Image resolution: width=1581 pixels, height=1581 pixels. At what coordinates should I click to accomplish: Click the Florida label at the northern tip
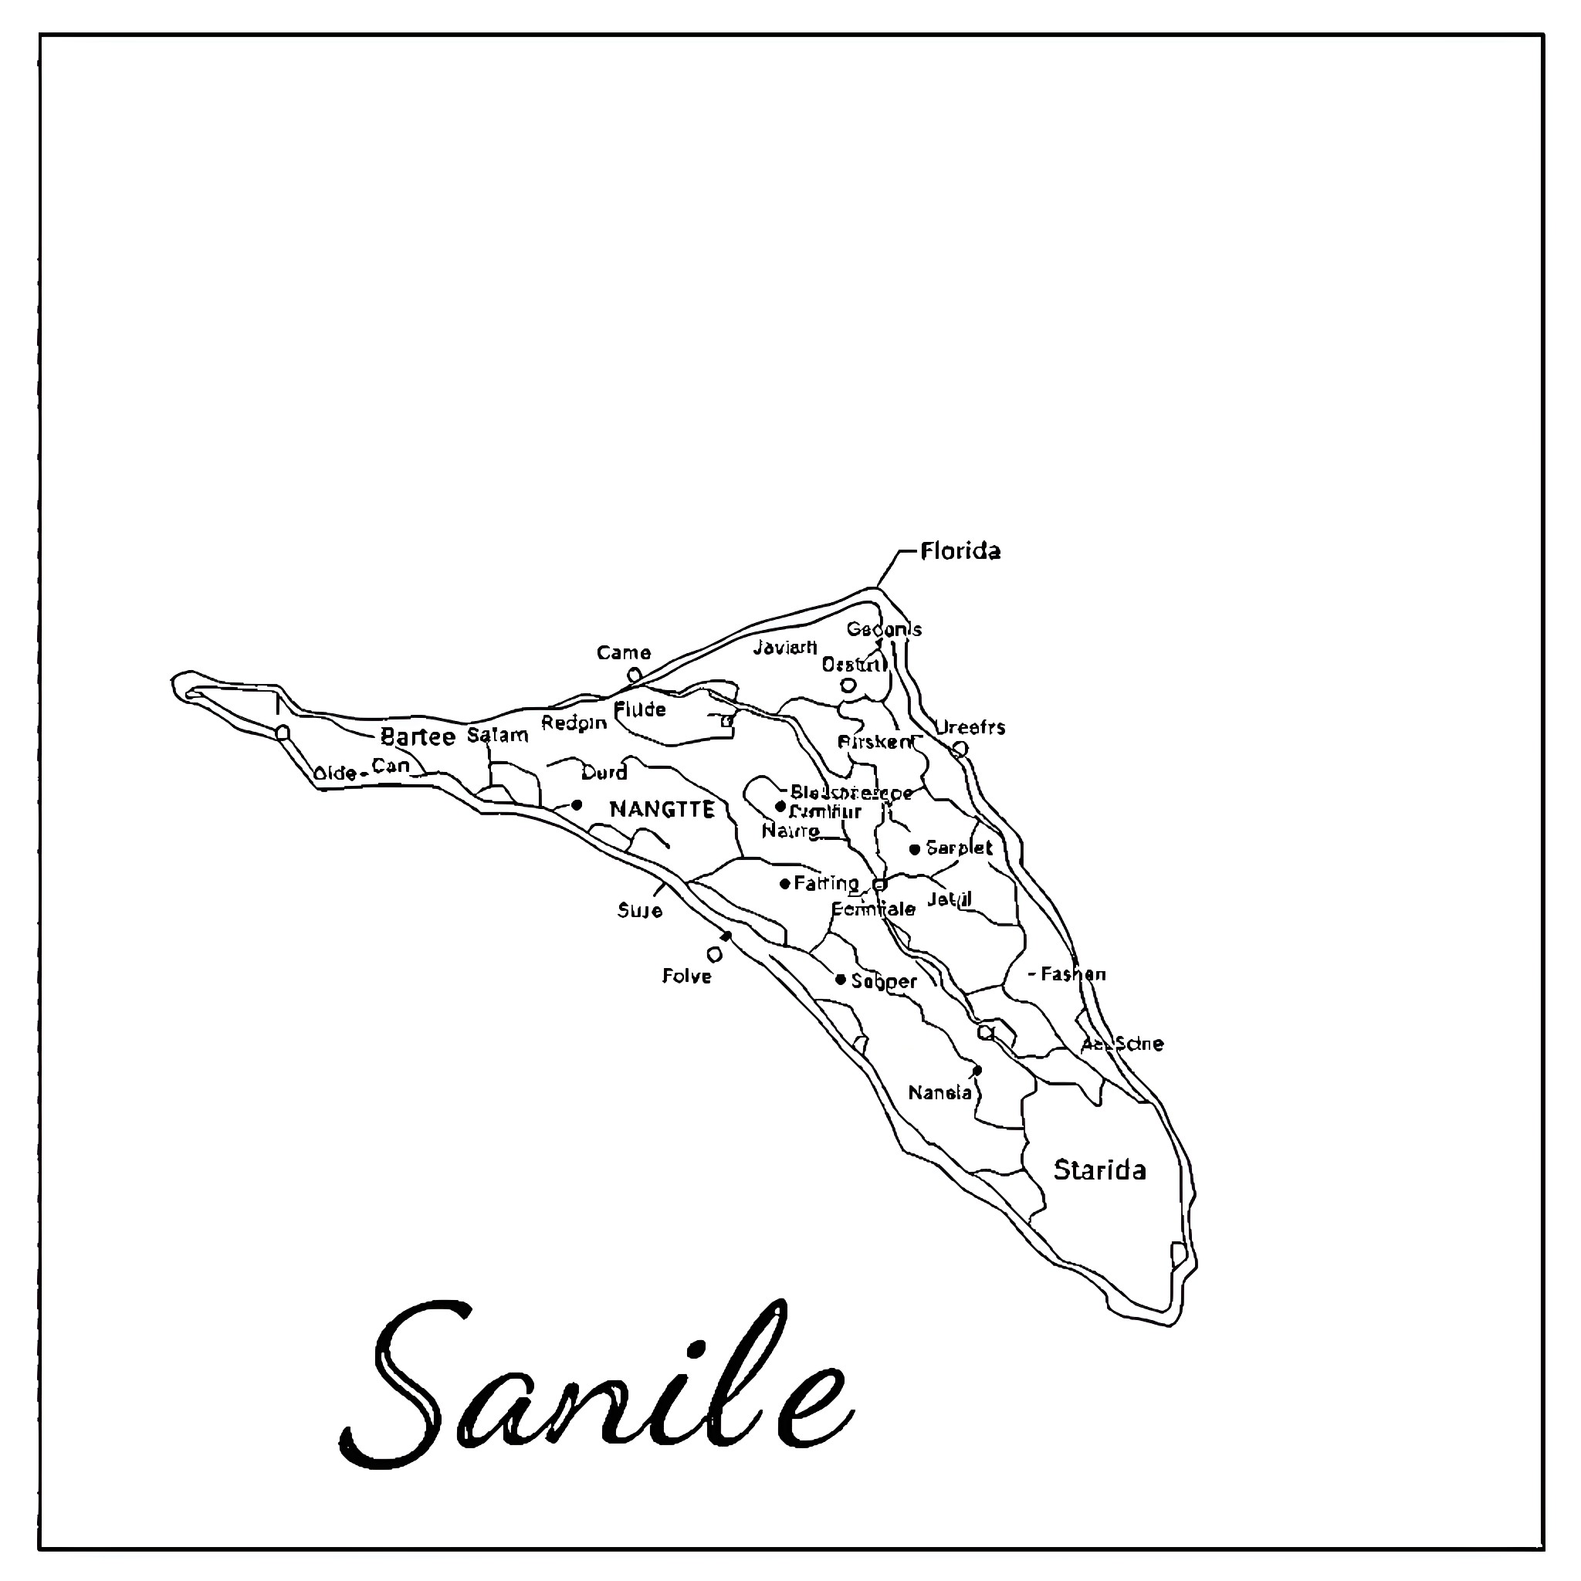tap(959, 550)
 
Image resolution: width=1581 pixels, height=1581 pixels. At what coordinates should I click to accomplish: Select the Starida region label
tap(1099, 1170)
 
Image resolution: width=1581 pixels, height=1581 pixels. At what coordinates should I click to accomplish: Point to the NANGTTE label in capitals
tap(662, 809)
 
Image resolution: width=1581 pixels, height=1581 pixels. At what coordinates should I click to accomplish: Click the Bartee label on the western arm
tap(418, 736)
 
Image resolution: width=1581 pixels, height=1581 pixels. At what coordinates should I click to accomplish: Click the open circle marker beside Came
tap(633, 675)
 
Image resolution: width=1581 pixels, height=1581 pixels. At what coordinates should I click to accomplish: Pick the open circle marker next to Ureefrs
tap(960, 748)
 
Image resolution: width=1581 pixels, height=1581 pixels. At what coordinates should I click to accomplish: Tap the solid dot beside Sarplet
tap(915, 848)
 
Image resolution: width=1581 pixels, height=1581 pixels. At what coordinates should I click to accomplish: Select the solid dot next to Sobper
tap(841, 980)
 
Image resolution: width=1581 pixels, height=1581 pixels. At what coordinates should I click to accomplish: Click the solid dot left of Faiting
tap(785, 884)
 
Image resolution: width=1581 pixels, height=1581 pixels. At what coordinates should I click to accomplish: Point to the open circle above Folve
tap(714, 954)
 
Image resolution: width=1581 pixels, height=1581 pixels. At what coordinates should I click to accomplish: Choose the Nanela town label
tap(940, 1092)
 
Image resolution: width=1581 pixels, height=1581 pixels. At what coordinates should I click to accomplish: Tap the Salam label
tap(498, 735)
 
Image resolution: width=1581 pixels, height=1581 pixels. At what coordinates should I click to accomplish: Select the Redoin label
tap(574, 723)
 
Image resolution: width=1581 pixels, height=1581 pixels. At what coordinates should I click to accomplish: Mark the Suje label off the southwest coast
tap(640, 911)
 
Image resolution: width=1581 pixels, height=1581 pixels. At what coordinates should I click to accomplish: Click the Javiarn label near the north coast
tap(785, 646)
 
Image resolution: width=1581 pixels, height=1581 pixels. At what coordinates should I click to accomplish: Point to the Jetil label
tap(950, 899)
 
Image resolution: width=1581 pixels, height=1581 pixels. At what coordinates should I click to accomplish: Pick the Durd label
tap(604, 772)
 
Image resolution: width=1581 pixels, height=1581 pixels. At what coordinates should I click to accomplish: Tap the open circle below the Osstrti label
tap(848, 685)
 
